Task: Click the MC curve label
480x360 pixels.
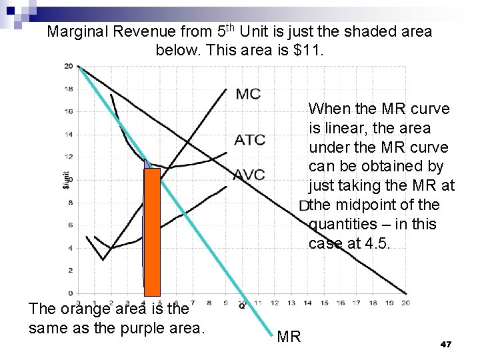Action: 248,94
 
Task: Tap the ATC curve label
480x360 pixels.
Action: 249,140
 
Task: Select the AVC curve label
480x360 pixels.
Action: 249,175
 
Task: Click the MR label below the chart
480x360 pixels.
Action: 289,337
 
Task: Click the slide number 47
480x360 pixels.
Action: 446,344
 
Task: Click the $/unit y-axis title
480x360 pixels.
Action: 66,179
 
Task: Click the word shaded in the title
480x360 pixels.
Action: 351,31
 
